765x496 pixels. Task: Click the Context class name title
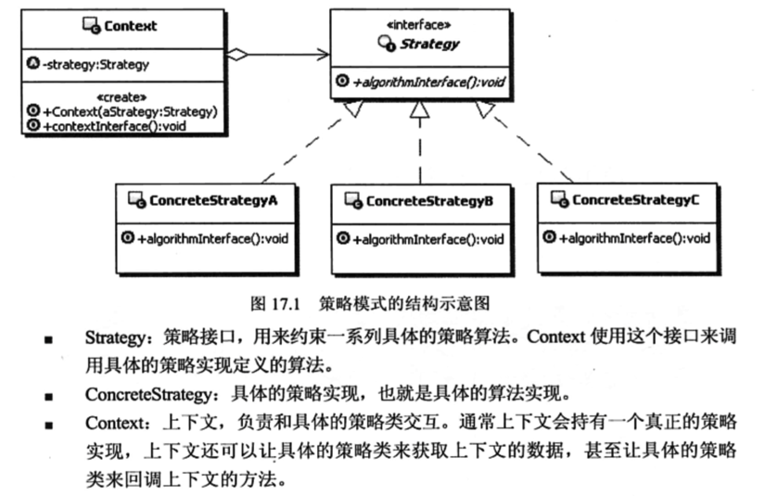coord(130,27)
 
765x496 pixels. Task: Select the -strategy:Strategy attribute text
coord(96,65)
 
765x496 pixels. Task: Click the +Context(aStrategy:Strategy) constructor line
coord(129,111)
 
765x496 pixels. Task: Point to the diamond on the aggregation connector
coord(239,56)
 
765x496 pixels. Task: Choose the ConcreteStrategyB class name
coord(429,200)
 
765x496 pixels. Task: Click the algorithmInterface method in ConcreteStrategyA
coord(212,238)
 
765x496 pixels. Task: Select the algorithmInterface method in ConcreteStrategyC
coord(633,238)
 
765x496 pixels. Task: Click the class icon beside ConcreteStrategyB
coord(352,200)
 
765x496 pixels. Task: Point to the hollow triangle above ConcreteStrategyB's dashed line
coord(419,112)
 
